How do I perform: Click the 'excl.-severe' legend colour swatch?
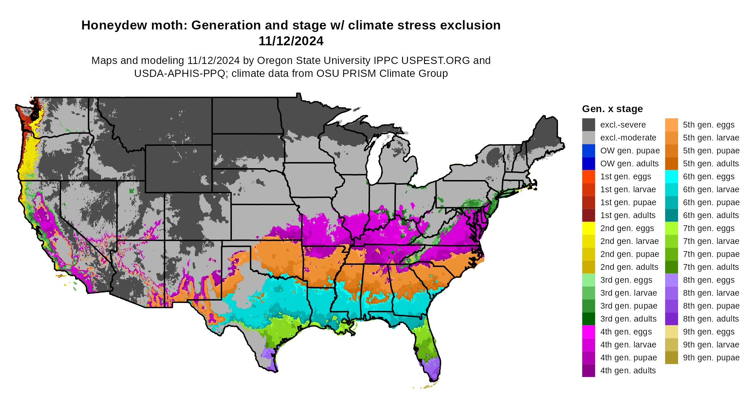pyautogui.click(x=589, y=125)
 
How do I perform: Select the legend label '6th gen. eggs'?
pyautogui.click(x=709, y=176)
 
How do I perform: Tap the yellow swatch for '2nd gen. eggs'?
pyautogui.click(x=589, y=228)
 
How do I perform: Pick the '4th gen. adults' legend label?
pyautogui.click(x=628, y=370)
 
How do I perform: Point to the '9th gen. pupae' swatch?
pyautogui.click(x=671, y=358)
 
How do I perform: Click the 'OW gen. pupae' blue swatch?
pyautogui.click(x=589, y=151)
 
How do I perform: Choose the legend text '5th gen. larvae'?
pyautogui.click(x=711, y=138)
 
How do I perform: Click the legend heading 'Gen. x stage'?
pyautogui.click(x=612, y=109)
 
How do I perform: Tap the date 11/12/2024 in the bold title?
pyautogui.click(x=291, y=41)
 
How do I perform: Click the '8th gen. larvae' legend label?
pyautogui.click(x=711, y=293)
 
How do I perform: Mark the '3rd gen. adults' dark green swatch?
pyautogui.click(x=589, y=319)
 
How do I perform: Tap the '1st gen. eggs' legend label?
pyautogui.click(x=626, y=176)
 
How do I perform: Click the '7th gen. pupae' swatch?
pyautogui.click(x=671, y=254)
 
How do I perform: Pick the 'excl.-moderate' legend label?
pyautogui.click(x=628, y=138)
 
